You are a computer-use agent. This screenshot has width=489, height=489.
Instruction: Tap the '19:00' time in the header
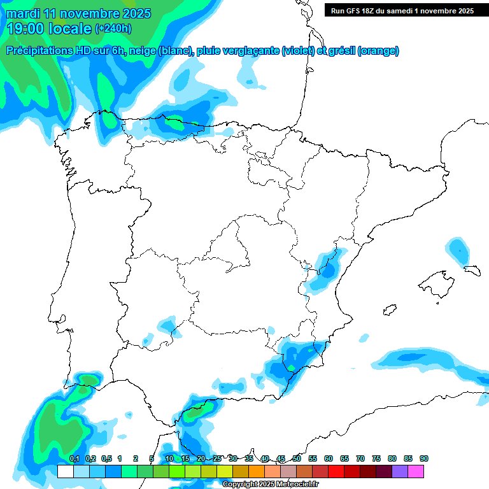click(x=26, y=29)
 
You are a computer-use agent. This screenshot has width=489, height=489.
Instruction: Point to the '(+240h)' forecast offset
click(x=113, y=29)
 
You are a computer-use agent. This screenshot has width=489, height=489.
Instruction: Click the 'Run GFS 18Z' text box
click(x=402, y=11)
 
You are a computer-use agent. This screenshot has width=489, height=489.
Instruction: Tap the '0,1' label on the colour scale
click(x=74, y=459)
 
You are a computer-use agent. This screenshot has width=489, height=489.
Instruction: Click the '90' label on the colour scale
click(x=424, y=459)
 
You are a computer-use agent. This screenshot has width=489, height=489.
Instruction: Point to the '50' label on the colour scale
click(x=297, y=459)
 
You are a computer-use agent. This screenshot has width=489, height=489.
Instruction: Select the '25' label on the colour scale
click(x=217, y=459)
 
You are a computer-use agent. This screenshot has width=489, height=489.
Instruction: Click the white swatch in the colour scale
click(x=65, y=471)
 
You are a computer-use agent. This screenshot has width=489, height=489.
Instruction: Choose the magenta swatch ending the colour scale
click(x=416, y=471)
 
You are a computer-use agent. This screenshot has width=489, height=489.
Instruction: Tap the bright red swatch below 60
click(x=336, y=471)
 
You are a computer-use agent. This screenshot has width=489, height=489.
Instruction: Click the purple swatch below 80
click(x=400, y=471)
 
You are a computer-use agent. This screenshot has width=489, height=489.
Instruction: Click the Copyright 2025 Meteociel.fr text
click(x=270, y=485)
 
